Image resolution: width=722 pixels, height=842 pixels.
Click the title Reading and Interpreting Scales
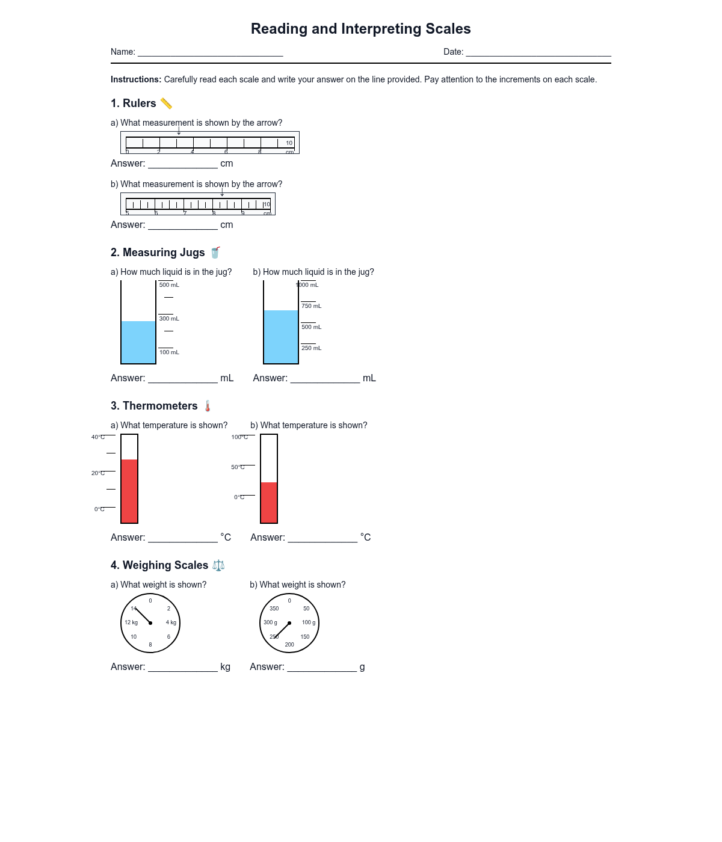click(360, 29)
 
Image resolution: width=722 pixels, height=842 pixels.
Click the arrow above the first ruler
click(179, 130)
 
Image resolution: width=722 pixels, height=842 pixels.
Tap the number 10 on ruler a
click(289, 143)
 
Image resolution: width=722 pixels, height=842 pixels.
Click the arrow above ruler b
click(222, 192)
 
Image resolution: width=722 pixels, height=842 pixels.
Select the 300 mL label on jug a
click(169, 319)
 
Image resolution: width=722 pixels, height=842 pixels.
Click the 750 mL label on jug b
click(311, 306)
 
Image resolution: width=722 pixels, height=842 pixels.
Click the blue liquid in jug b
click(281, 337)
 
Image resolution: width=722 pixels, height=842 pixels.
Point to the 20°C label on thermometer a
click(98, 473)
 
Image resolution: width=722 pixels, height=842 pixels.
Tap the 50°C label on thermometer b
click(238, 467)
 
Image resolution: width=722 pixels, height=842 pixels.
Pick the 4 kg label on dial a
click(171, 622)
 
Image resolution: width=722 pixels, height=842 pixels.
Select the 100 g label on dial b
click(309, 622)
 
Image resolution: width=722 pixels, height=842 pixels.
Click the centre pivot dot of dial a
click(150, 623)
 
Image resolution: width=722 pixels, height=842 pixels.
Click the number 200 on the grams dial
click(289, 645)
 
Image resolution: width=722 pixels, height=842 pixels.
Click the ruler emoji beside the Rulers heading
click(166, 103)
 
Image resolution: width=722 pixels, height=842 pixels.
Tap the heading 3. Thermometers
click(154, 406)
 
